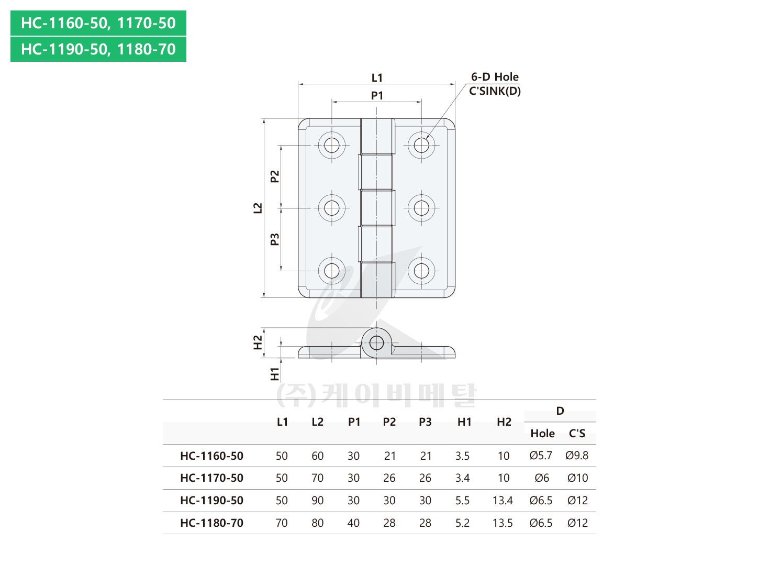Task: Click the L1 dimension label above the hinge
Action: coord(376,78)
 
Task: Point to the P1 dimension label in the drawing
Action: coord(377,95)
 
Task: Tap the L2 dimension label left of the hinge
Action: coord(258,208)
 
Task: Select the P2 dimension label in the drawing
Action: coord(275,176)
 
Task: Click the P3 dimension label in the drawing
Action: coord(275,239)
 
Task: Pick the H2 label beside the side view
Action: coord(258,342)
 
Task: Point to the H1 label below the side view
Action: coord(275,374)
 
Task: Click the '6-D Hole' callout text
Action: coord(495,77)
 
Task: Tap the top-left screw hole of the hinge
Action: coord(332,145)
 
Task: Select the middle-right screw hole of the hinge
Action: coord(421,208)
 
